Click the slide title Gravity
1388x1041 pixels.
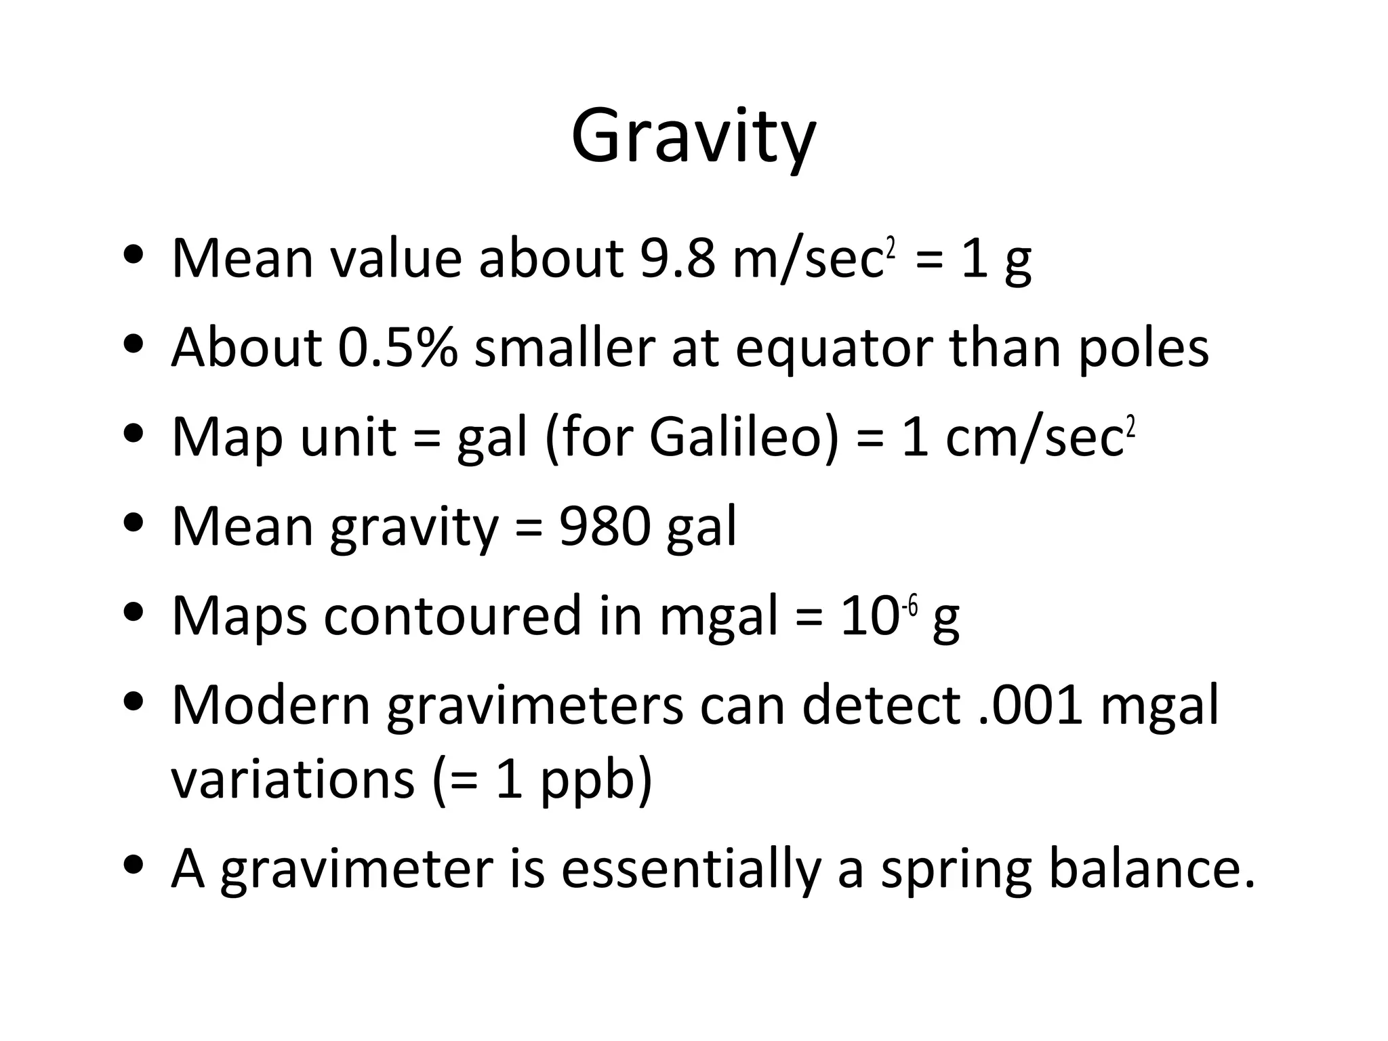pyautogui.click(x=693, y=138)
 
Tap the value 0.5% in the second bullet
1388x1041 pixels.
pyautogui.click(x=398, y=348)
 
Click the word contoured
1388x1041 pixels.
pyautogui.click(x=452, y=616)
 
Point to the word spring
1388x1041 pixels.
pyautogui.click(x=956, y=871)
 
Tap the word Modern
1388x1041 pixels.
pyautogui.click(x=271, y=706)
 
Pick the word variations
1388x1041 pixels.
pyautogui.click(x=292, y=780)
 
